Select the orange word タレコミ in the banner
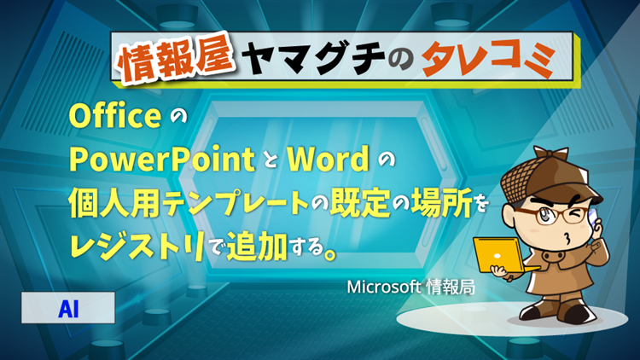tap(489, 58)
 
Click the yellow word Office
tap(115, 116)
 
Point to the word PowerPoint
tap(162, 160)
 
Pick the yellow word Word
tap(329, 159)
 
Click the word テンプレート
tap(236, 202)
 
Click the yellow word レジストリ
tap(137, 246)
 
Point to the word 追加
tap(257, 246)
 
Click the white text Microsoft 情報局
tap(410, 287)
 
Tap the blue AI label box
tap(68, 308)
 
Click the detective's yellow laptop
tap(503, 256)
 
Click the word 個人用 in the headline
tap(114, 202)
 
